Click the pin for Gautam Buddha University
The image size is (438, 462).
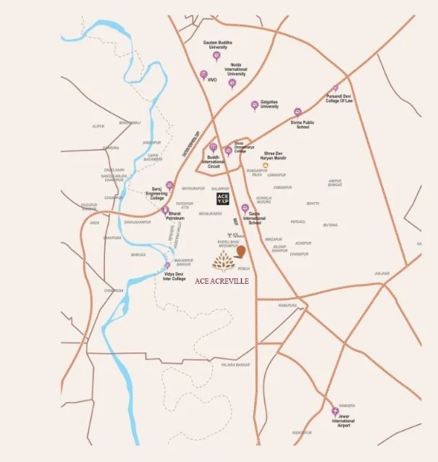coord(216,55)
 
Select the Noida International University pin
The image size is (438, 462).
coord(232,83)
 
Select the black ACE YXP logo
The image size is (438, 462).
coord(223,197)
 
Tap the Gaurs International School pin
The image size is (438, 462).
coord(245,208)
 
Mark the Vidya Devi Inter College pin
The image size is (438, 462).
coord(167,266)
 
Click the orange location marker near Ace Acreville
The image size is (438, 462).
coord(242,251)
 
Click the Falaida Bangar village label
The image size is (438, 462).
coord(235,365)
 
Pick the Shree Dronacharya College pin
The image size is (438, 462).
coord(228,151)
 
